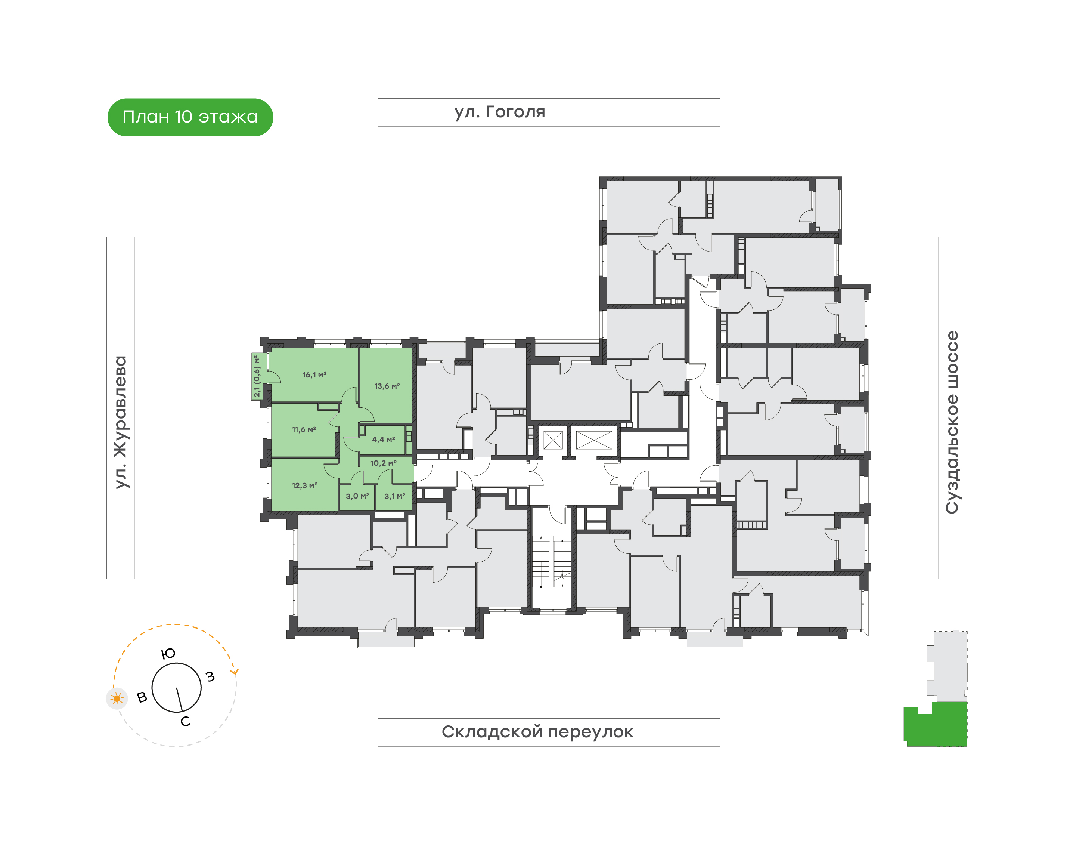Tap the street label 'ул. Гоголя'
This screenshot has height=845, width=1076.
tap(499, 112)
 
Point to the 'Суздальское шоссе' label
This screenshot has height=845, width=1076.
tap(952, 422)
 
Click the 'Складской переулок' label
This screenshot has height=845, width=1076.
tap(537, 732)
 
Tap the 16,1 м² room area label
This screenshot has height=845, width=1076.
tap(314, 375)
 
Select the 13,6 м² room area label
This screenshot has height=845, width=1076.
tap(387, 386)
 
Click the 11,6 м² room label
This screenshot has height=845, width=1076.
tap(304, 429)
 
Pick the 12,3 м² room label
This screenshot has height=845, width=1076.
tap(305, 485)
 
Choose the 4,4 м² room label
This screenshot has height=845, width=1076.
tap(383, 440)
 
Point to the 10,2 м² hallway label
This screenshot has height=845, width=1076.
tap(383, 463)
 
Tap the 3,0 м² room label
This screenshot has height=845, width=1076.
tap(357, 496)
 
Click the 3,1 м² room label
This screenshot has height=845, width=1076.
tap(395, 496)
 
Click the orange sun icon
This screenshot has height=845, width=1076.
tap(117, 698)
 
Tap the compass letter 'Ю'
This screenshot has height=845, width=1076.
tap(168, 654)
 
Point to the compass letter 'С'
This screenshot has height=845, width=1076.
tap(185, 721)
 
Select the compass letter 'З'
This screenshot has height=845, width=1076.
tap(210, 676)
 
